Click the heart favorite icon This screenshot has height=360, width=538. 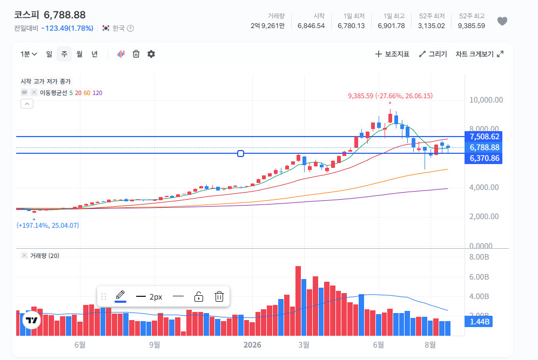(502, 21)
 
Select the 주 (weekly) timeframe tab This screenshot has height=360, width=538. (64, 54)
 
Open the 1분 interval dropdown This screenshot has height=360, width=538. (29, 54)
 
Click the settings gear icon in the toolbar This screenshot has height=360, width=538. (151, 54)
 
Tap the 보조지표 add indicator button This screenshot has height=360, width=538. (392, 54)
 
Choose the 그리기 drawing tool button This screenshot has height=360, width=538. (433, 54)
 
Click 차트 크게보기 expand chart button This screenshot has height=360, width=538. (479, 54)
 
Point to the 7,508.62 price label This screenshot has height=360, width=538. (483, 137)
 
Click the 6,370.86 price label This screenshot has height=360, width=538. (483, 158)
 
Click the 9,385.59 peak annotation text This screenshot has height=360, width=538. (390, 96)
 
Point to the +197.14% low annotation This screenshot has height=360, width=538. (48, 225)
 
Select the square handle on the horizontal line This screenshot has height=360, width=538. (240, 154)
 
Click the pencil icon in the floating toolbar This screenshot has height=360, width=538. (120, 295)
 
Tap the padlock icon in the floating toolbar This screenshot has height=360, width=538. (199, 296)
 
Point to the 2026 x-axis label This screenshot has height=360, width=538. (252, 345)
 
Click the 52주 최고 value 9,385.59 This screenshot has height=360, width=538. (471, 26)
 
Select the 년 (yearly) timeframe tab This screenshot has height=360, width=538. (95, 54)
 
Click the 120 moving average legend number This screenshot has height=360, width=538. (97, 93)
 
